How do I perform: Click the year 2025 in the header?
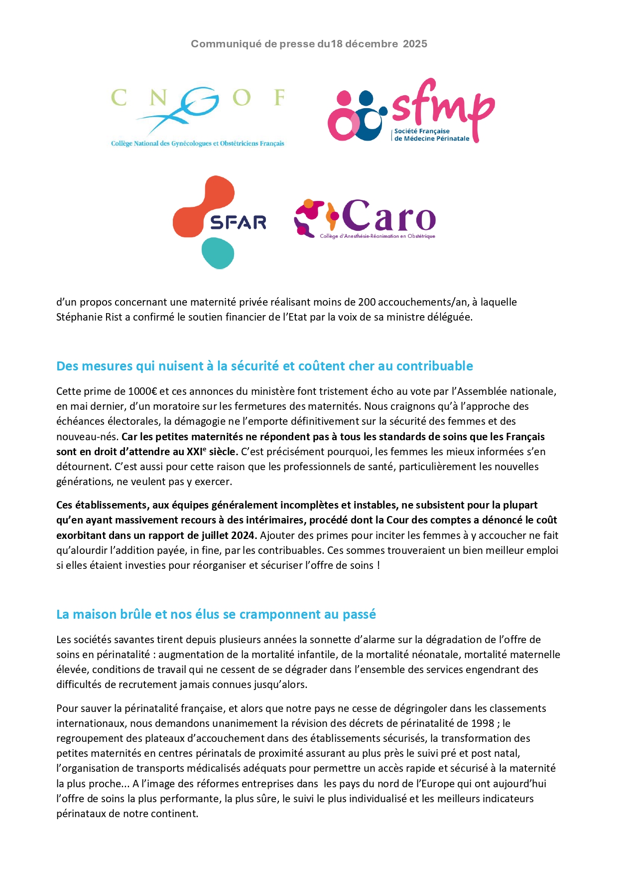[415, 44]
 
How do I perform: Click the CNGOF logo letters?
[198, 98]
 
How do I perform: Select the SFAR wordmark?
[238, 222]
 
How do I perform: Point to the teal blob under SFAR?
[218, 253]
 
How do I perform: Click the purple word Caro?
[389, 216]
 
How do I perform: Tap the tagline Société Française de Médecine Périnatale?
[431, 135]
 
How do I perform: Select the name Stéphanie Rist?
[89, 317]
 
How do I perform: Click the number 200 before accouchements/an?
[367, 302]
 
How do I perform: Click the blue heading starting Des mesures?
[264, 366]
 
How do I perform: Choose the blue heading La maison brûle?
[216, 614]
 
